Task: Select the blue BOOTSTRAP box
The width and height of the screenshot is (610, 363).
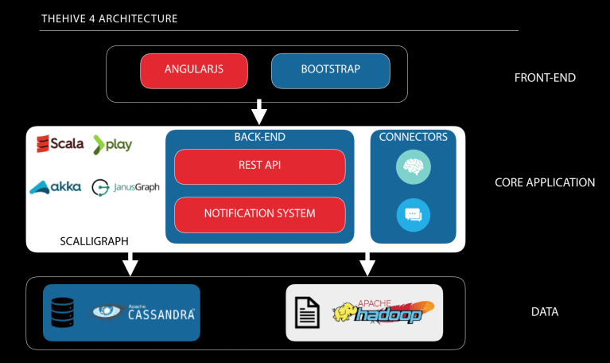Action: tap(330, 70)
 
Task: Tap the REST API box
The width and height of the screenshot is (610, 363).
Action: tap(259, 166)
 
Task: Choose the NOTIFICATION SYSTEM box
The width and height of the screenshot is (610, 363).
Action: tap(259, 213)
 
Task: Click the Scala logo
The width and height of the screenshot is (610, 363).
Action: tap(60, 144)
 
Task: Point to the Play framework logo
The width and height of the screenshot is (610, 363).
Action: tap(113, 144)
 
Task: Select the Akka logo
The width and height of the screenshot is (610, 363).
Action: tap(55, 188)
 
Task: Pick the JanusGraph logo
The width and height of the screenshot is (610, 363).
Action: tap(126, 188)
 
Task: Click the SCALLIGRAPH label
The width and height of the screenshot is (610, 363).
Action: tap(94, 240)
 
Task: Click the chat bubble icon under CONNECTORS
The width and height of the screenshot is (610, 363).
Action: tap(413, 214)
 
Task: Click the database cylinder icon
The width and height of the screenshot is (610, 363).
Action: tap(62, 312)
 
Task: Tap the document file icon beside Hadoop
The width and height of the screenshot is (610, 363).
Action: tap(308, 312)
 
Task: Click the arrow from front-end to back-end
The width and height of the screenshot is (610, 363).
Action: tap(259, 112)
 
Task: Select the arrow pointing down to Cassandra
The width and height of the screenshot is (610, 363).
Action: tap(130, 263)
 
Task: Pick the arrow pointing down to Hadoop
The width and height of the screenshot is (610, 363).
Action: tap(367, 263)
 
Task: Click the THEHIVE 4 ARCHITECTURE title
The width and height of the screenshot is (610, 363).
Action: tap(109, 18)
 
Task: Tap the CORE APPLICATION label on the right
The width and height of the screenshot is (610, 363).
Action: tap(545, 182)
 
